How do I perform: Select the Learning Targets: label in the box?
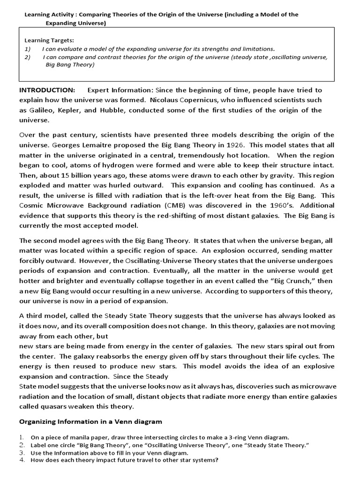coord(49,41)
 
